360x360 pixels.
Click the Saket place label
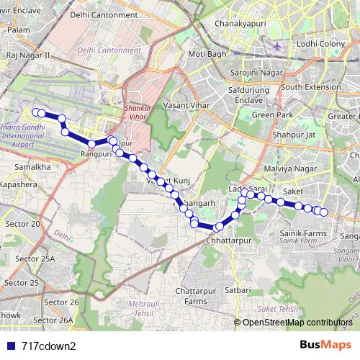tap(293, 192)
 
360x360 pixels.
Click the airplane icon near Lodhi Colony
tap(279, 46)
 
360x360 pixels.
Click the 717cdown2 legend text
tap(49, 345)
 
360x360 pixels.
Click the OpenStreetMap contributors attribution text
tap(296, 323)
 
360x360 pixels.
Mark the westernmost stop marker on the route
tap(35, 112)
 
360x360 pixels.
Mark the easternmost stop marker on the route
tap(323, 212)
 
